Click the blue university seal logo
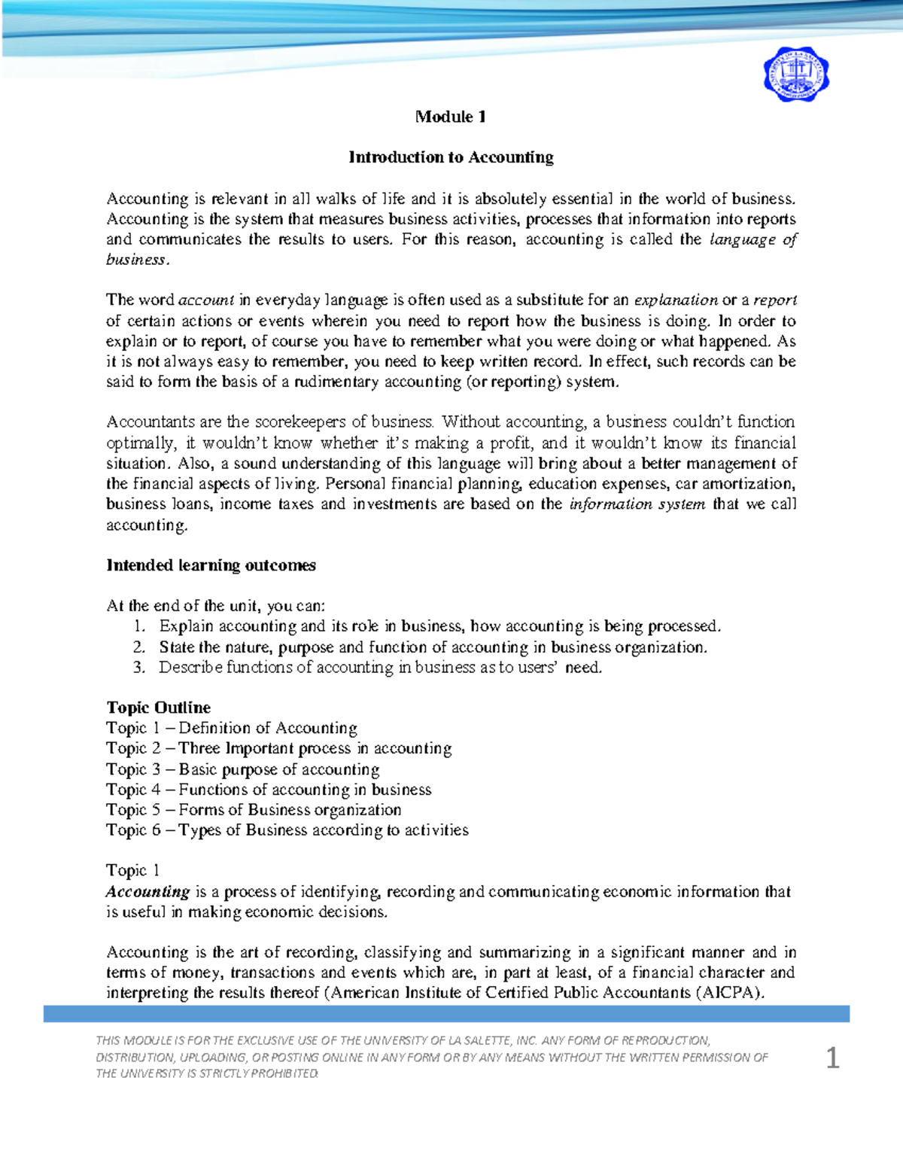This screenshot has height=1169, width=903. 796,75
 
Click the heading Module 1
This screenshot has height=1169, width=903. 450,117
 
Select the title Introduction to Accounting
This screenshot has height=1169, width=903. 450,157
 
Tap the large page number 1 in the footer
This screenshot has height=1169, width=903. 832,1058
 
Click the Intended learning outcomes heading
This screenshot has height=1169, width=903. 211,565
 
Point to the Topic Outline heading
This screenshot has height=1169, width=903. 158,708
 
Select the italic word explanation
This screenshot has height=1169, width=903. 675,300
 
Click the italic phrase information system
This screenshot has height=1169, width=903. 637,504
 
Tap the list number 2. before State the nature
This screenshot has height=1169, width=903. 138,647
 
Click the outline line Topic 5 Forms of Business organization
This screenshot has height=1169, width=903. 254,810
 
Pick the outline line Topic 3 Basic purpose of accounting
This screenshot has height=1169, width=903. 242,769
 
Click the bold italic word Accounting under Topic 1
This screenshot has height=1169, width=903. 147,892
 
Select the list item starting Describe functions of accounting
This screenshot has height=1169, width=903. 380,667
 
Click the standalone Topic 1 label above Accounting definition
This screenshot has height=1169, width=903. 132,870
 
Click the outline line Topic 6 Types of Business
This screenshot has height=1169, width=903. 287,830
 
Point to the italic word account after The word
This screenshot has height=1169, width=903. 206,300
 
